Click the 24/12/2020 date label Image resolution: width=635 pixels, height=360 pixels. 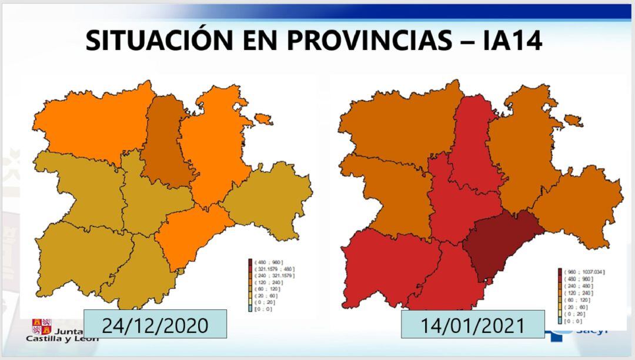(155, 325)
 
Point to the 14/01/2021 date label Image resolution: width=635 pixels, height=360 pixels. (473, 325)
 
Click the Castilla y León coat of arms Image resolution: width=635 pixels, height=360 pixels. (41, 326)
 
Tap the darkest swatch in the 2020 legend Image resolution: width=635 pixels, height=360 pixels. (250, 262)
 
